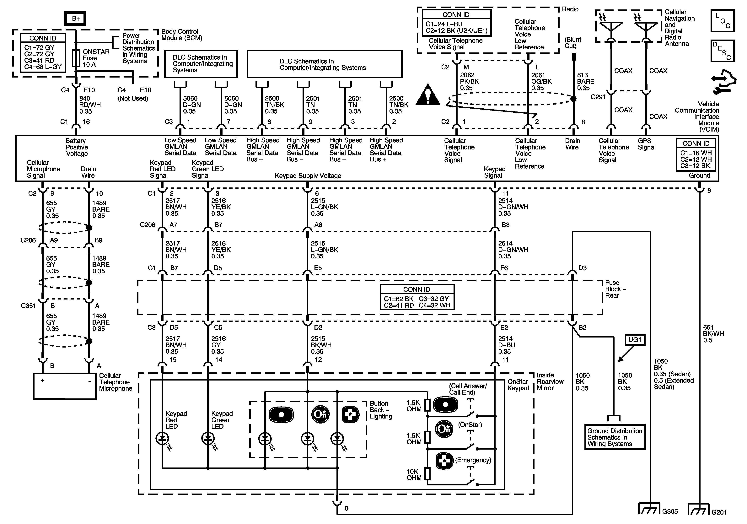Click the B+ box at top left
[x=76, y=18]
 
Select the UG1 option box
[x=635, y=340]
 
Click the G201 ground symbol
[x=699, y=509]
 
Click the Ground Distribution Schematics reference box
[x=615, y=437]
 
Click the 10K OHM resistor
[x=427, y=474]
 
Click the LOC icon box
[x=723, y=20]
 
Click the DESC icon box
[x=723, y=51]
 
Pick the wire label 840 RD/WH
[x=90, y=102]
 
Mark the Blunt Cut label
[x=573, y=43]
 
